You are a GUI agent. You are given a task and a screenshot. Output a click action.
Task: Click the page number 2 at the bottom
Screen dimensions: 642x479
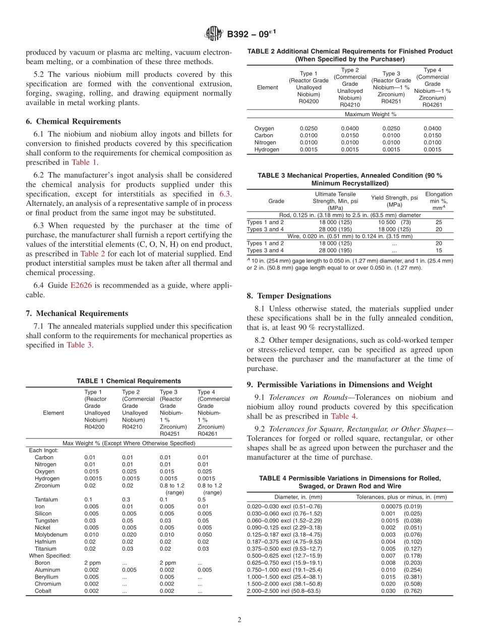coord(239,620)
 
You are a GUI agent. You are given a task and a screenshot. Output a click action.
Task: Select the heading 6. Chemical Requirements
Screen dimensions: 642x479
coord(73,121)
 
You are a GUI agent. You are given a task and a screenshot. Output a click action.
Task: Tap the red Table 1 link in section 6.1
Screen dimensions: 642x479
coord(84,163)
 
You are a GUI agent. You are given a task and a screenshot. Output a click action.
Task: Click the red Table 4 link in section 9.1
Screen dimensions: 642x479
coord(343,416)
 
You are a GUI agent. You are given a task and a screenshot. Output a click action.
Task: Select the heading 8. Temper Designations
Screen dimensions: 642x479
coord(289,296)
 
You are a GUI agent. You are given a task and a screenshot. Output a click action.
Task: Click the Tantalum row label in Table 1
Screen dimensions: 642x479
coord(46,500)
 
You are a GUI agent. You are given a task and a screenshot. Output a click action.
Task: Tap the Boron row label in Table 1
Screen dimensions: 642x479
coord(42,563)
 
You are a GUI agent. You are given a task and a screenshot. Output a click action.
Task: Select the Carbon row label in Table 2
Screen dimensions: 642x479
coord(264,135)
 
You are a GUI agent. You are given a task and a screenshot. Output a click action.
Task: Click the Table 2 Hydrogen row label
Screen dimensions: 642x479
coord(267,149)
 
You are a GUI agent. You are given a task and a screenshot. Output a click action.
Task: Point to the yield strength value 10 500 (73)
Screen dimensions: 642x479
coord(394,222)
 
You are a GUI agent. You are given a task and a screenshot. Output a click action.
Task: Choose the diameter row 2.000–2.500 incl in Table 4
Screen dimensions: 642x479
coord(283,591)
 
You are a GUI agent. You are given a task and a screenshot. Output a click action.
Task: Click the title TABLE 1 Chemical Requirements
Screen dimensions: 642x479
coord(129,381)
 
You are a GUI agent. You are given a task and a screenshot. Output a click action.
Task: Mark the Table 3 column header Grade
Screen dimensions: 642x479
coord(276,201)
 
